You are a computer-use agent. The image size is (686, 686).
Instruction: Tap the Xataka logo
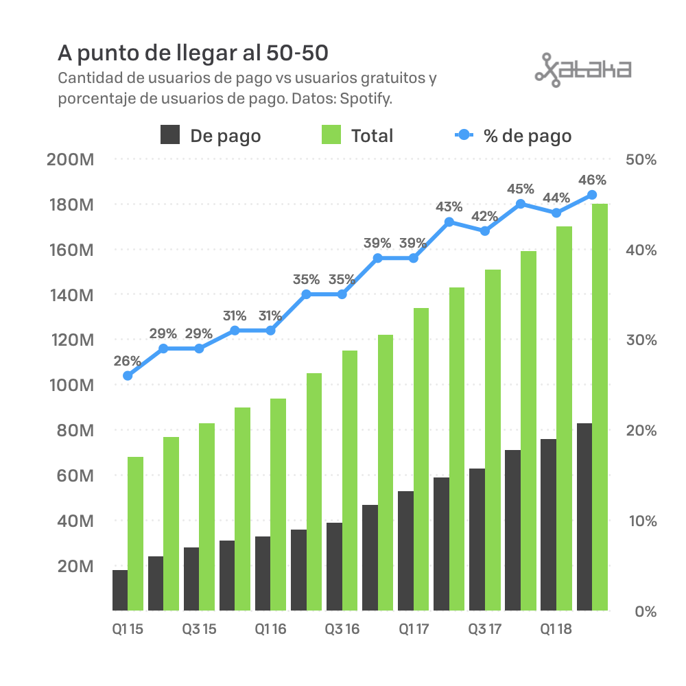click(582, 69)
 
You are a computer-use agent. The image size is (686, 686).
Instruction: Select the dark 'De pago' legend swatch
click(171, 135)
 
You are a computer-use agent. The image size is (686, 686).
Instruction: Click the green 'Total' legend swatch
click(331, 135)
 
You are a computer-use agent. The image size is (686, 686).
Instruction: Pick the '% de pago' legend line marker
click(464, 135)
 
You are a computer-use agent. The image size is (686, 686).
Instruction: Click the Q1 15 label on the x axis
click(128, 629)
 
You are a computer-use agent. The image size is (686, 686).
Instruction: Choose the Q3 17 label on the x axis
click(485, 629)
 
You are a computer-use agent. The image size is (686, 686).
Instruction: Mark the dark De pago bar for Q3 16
click(334, 567)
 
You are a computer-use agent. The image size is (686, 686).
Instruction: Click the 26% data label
click(128, 361)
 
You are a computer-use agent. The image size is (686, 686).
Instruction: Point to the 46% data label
click(592, 180)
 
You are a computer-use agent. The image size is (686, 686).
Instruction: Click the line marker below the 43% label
click(449, 222)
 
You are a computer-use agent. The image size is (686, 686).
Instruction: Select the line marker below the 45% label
click(521, 204)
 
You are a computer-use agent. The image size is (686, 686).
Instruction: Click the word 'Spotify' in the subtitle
click(369, 98)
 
